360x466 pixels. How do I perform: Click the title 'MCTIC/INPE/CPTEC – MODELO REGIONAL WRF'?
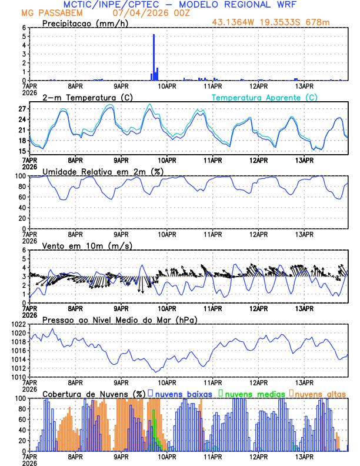pos(180,5)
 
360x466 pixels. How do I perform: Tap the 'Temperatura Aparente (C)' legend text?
pos(265,97)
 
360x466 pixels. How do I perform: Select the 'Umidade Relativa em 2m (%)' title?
pos(102,171)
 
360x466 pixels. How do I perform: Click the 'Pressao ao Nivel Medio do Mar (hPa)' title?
pos(119,319)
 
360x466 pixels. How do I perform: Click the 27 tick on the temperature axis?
pos(22,109)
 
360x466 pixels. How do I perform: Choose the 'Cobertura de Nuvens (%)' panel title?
pos(94,393)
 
